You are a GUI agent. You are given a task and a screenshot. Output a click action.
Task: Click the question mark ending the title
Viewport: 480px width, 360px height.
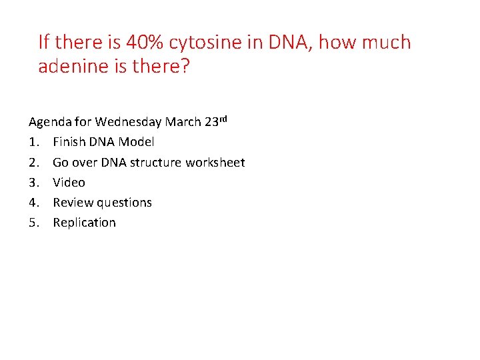(185, 67)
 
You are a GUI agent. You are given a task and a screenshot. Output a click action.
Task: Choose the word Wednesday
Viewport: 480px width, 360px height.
(127, 122)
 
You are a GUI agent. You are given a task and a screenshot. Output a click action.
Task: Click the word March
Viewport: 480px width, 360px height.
(183, 122)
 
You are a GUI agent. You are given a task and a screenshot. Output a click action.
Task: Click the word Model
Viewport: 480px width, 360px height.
(136, 142)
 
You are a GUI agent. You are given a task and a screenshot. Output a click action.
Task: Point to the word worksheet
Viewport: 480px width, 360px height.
(217, 162)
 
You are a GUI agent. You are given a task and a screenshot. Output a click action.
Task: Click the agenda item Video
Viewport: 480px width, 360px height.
(69, 182)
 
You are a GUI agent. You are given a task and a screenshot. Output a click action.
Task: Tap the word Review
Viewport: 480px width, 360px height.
(73, 202)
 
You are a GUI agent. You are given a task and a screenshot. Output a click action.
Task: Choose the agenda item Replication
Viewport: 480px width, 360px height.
(84, 223)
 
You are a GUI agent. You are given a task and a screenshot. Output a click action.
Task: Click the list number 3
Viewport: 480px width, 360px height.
(33, 182)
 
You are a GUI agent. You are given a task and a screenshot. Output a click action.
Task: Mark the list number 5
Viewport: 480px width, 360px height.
(33, 223)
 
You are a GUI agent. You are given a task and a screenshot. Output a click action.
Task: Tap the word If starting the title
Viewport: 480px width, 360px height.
(44, 43)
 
